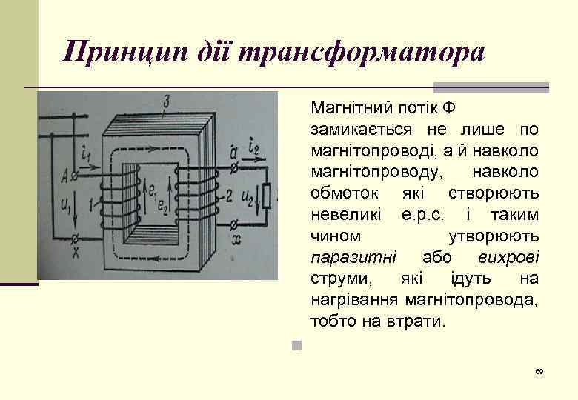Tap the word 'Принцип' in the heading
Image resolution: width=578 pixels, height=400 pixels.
pos(116,53)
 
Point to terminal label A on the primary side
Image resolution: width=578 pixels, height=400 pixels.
pos(64,176)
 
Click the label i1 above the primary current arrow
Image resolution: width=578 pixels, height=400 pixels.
pos(86,154)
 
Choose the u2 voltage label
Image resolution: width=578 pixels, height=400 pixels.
pos(248,198)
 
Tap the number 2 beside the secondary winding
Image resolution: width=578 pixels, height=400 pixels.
pos(229,195)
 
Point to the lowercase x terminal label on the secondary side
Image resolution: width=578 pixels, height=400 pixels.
pos(236,240)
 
